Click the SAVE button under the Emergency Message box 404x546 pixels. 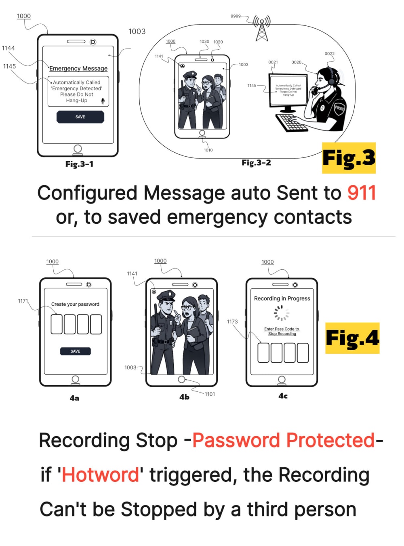point(80,117)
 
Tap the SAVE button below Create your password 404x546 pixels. point(75,351)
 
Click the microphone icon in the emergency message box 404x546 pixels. point(103,101)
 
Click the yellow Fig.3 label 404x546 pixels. point(349,158)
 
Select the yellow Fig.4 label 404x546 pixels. point(352,338)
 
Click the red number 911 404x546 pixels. point(362,193)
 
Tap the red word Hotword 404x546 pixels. point(101,475)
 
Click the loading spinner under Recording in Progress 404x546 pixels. point(282,313)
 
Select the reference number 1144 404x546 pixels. point(8,48)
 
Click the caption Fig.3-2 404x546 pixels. point(256,162)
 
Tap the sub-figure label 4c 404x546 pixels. point(283,396)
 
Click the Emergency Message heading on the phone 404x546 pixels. point(78,68)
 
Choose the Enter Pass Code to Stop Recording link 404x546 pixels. point(282,331)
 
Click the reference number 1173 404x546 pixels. point(232,321)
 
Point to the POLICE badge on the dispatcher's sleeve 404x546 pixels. point(339,108)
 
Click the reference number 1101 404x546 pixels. point(210,394)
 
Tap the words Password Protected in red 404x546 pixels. point(284,440)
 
